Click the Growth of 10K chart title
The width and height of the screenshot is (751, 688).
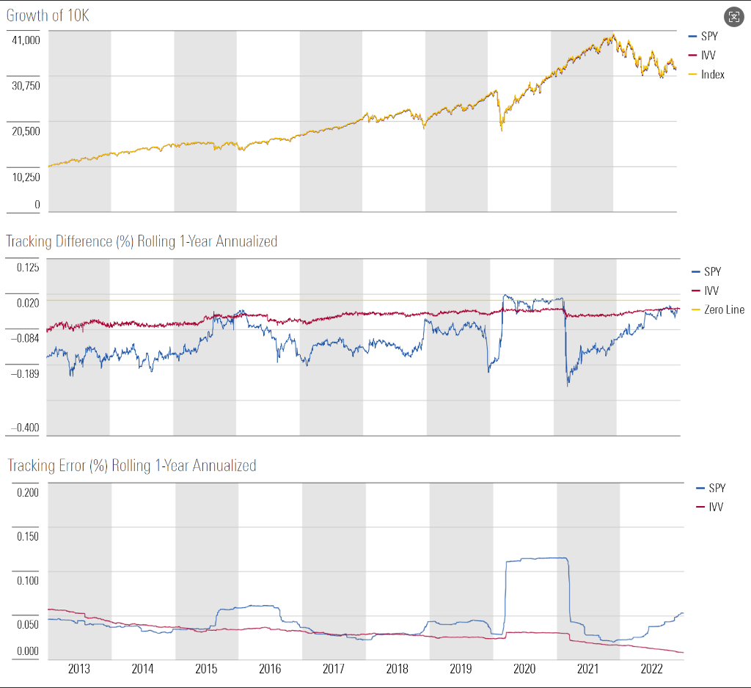pos(48,15)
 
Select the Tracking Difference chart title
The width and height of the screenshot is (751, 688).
pos(142,241)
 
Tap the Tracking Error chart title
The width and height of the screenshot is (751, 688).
pos(131,465)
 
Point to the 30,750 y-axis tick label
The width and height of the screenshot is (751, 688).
pos(26,85)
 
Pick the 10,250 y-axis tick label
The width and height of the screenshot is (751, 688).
pos(26,176)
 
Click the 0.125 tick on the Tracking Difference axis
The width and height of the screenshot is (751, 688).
pos(29,267)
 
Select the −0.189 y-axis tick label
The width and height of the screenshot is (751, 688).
pos(26,373)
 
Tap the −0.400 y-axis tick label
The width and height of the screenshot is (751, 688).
pos(26,428)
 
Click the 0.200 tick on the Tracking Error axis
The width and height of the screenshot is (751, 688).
pos(28,491)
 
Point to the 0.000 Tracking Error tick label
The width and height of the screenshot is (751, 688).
pos(28,651)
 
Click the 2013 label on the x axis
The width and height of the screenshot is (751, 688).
pos(79,669)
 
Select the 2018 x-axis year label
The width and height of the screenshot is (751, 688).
pos(398,669)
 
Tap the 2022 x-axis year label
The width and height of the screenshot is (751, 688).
pos(652,669)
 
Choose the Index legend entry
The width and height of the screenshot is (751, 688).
pos(712,74)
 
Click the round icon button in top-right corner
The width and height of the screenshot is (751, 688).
pos(733,18)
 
